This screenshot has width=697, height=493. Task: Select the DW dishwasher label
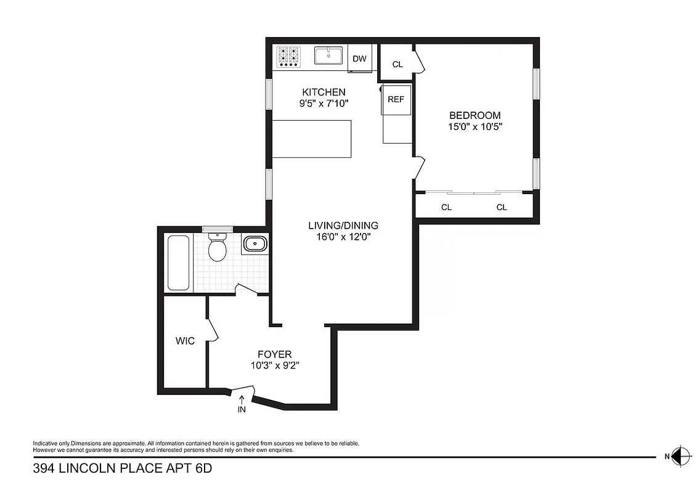click(x=359, y=59)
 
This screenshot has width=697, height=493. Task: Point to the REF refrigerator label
click(x=396, y=99)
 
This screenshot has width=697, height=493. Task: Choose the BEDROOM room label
click(x=475, y=115)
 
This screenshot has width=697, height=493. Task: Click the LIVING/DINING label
click(x=343, y=226)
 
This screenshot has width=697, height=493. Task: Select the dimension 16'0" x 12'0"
click(x=343, y=237)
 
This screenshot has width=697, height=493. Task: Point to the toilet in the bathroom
click(x=217, y=247)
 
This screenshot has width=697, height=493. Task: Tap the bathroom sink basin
click(x=255, y=244)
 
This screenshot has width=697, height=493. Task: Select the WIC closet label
click(x=185, y=341)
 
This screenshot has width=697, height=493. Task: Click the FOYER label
click(x=274, y=354)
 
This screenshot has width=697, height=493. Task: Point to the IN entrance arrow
click(x=242, y=404)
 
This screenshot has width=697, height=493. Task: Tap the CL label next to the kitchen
click(x=397, y=64)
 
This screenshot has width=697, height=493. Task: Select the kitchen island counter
click(x=312, y=139)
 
